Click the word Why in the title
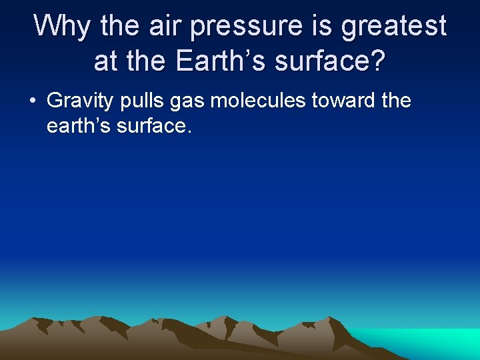(63, 27)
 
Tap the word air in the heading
(166, 27)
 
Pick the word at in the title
(106, 62)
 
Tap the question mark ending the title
(378, 61)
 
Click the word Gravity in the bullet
(81, 102)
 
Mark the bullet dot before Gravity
(32, 102)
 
